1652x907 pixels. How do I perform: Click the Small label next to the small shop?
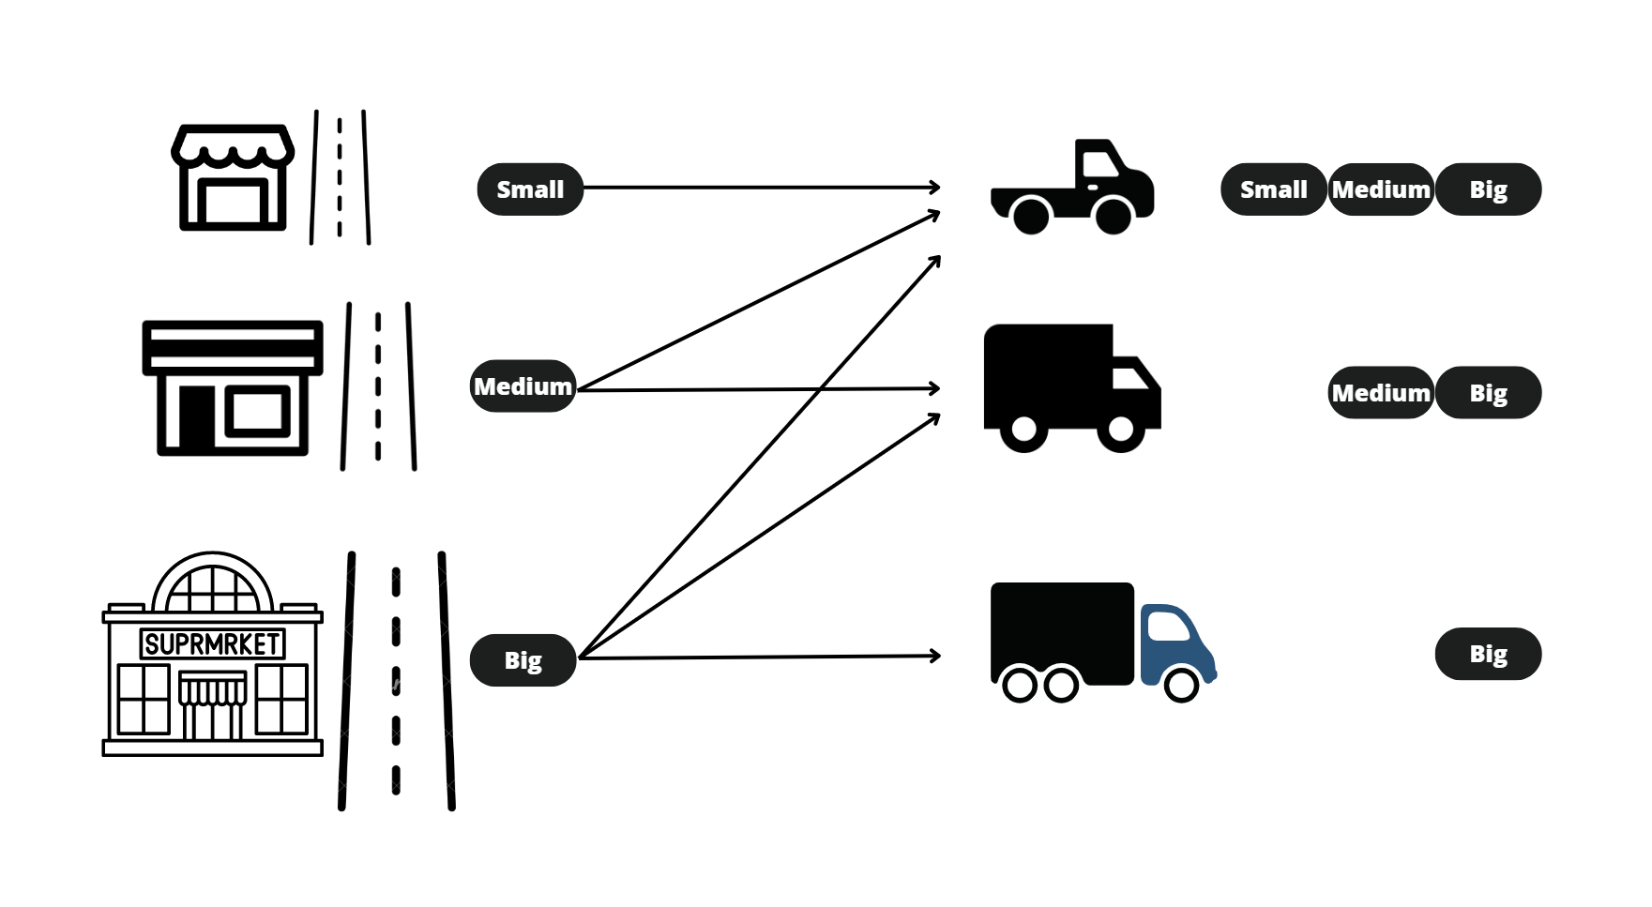530,189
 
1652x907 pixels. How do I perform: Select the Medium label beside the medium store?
523,386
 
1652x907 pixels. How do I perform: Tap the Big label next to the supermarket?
523,660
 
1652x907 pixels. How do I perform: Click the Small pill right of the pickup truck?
1273,189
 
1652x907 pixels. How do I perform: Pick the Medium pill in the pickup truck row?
1381,189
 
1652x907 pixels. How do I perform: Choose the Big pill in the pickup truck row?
1488,189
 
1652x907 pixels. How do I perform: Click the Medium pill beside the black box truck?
1381,393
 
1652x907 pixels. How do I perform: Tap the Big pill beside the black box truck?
1488,393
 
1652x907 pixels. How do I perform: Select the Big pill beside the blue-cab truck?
1488,654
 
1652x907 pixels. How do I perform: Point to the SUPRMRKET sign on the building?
213,643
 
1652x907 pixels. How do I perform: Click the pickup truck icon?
1072,189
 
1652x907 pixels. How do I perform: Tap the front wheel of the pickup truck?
1114,216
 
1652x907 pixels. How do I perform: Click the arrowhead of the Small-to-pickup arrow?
935,188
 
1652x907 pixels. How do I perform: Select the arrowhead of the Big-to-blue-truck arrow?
935,656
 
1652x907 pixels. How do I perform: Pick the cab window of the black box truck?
1129,378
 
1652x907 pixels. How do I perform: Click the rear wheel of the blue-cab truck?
1020,684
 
